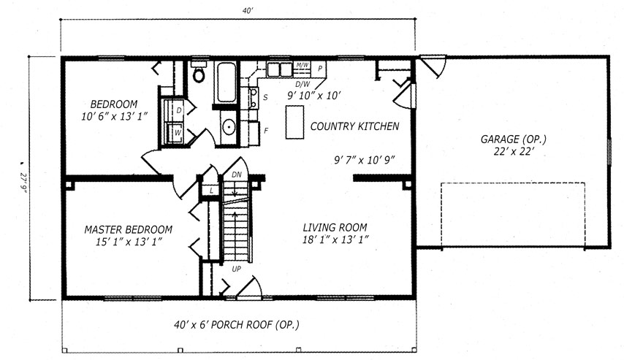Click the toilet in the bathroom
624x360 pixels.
(199, 72)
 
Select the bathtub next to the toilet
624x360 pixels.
(227, 83)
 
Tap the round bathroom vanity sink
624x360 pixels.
(229, 127)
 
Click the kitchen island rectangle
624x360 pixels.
(295, 122)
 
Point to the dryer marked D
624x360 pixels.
(173, 110)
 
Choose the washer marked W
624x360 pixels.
(175, 132)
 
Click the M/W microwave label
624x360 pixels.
(303, 65)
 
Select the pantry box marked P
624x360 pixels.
(319, 69)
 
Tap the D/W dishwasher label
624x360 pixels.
(303, 84)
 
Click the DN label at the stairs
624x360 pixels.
(237, 175)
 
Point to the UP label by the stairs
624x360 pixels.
(237, 269)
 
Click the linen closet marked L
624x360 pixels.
(211, 191)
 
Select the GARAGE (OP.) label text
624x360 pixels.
(514, 139)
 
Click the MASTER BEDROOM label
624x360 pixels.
(128, 229)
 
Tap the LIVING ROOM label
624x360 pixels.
(335, 228)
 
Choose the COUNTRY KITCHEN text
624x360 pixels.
(354, 126)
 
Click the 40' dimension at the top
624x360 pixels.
(248, 11)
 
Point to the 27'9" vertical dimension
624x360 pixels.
(23, 183)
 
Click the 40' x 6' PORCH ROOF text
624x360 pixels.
(237, 325)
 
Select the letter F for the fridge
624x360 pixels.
(266, 131)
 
